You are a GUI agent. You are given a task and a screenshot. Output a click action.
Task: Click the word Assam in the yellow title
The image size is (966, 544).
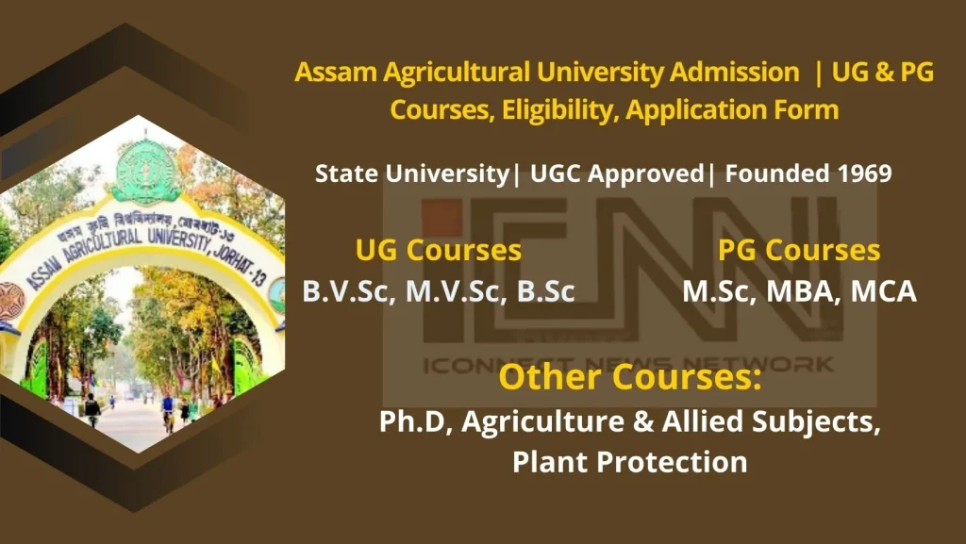336,72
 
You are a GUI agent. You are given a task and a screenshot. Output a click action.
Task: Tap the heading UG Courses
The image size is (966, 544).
439,251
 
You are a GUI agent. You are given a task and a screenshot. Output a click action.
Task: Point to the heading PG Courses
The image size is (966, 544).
799,251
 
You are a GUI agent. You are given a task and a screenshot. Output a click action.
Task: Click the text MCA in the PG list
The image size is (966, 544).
883,291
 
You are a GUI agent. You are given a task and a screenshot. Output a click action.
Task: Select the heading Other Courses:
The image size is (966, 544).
630,376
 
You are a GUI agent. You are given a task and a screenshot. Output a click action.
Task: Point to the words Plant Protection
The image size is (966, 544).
629,462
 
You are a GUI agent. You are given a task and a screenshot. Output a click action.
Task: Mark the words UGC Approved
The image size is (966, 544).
617,174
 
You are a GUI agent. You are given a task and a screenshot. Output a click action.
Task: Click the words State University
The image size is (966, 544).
412,174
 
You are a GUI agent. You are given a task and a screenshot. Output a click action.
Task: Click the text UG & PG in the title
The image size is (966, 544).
883,72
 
